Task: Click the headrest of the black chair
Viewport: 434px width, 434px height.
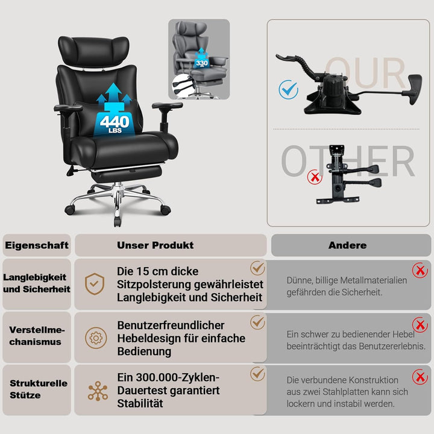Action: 93,51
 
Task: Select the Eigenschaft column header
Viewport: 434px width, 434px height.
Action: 37,245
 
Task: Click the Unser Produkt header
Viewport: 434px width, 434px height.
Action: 156,245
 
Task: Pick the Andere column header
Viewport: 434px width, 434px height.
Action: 348,245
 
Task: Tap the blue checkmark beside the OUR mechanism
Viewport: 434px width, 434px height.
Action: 288,90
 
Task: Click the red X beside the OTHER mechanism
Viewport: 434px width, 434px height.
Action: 315,177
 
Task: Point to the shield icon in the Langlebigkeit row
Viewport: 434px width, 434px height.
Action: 95,284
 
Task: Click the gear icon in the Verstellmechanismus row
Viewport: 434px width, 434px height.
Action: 96,338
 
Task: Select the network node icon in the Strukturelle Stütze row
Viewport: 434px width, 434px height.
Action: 98,391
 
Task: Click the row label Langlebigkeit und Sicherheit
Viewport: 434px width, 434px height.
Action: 37,283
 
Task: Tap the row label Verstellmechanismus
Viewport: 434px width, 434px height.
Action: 37,336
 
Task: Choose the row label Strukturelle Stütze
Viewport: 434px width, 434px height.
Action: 39,389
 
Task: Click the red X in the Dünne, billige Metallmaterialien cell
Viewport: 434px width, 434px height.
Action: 420,270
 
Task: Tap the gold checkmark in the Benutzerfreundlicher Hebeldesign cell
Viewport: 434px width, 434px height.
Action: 258,322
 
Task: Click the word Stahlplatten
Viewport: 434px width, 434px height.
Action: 346,392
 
